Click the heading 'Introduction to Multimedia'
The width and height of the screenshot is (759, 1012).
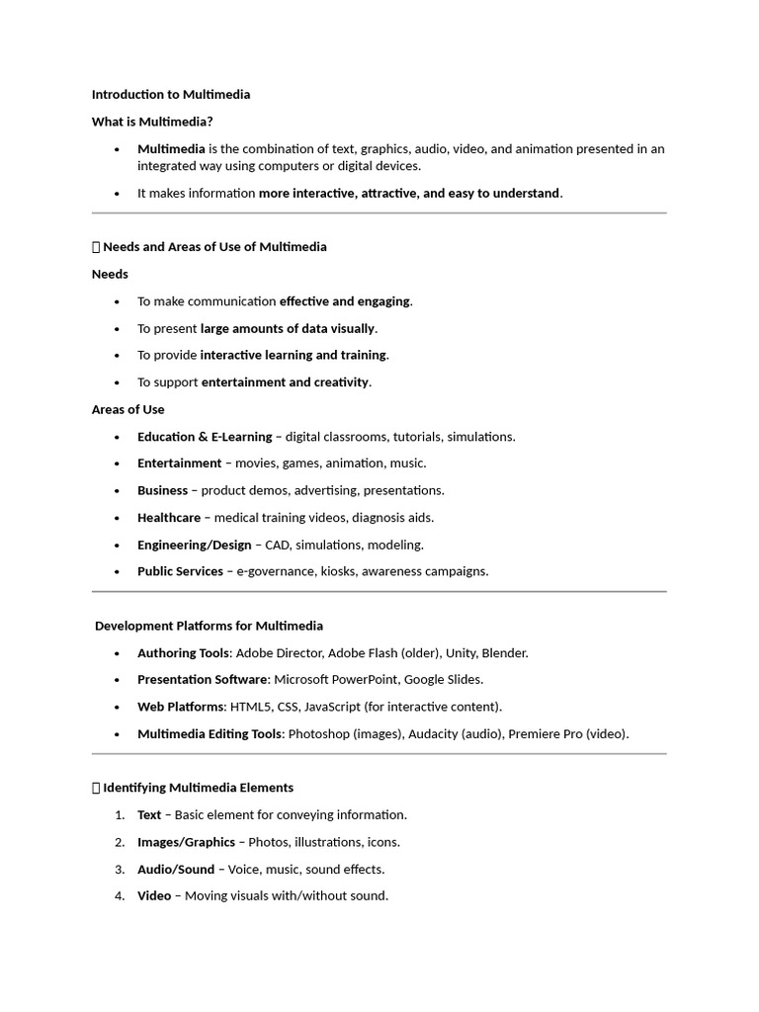click(x=171, y=95)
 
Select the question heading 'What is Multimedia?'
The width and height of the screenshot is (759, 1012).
click(x=152, y=122)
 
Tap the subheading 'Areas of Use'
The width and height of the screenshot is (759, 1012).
click(x=128, y=409)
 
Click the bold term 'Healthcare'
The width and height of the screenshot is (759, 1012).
click(x=169, y=517)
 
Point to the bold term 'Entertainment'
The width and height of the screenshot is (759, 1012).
click(x=180, y=464)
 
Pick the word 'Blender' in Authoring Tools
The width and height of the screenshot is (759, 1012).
click(x=504, y=653)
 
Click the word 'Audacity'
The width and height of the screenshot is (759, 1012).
click(x=433, y=734)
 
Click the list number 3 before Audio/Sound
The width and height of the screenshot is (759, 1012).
click(x=119, y=870)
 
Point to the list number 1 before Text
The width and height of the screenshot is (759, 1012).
click(x=119, y=815)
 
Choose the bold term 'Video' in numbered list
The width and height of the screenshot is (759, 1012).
click(x=154, y=896)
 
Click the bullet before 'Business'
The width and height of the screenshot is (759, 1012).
click(x=118, y=491)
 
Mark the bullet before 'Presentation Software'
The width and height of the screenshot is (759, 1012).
click(x=118, y=680)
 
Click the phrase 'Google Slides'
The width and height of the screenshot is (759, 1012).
click(x=445, y=680)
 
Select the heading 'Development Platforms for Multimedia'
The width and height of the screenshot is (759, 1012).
click(x=210, y=627)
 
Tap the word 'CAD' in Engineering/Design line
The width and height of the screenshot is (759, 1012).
click(x=278, y=545)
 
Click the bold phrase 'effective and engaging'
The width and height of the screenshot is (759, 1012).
click(x=345, y=301)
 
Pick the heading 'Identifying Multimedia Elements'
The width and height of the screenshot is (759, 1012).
click(x=198, y=788)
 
